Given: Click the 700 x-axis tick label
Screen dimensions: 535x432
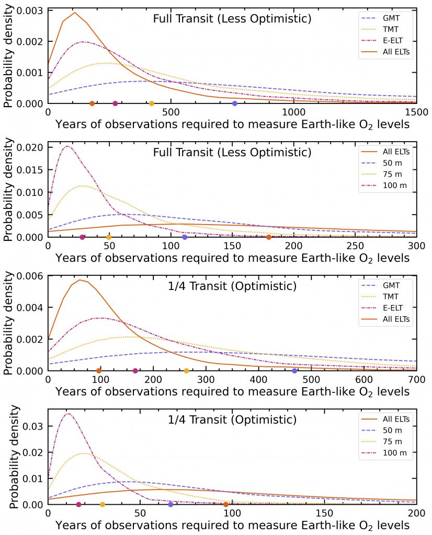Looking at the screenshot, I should (416, 379).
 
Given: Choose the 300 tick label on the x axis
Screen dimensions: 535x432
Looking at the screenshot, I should (416, 245).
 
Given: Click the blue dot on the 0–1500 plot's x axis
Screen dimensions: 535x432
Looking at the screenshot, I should (235, 103).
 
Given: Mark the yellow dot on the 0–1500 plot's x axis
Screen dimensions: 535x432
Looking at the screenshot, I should (152, 103).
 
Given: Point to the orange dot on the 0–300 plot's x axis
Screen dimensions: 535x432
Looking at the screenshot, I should (269, 237).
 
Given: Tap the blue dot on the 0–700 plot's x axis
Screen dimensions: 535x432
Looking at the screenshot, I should (294, 371).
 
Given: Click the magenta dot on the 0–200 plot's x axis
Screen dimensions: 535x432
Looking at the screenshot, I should (78, 504).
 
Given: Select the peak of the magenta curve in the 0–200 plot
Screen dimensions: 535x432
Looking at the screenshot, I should (68, 414).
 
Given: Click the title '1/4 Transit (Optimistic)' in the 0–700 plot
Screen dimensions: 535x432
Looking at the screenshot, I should (232, 286).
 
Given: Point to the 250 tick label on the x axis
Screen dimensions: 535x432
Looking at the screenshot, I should (355, 245).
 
